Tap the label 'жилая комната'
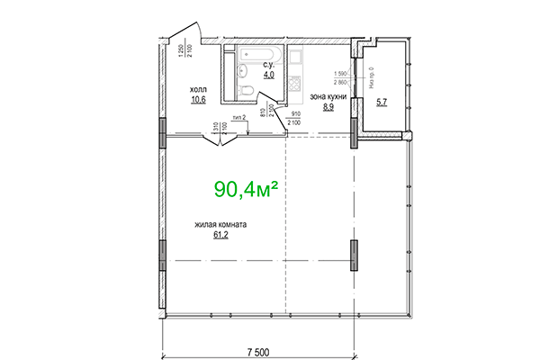(220, 226)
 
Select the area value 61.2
(220, 237)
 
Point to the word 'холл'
(197, 90)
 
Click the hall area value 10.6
(197, 100)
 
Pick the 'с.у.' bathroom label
(268, 66)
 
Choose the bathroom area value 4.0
(268, 76)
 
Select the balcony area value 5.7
(382, 102)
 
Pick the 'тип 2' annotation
(239, 118)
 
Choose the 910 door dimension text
(296, 113)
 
